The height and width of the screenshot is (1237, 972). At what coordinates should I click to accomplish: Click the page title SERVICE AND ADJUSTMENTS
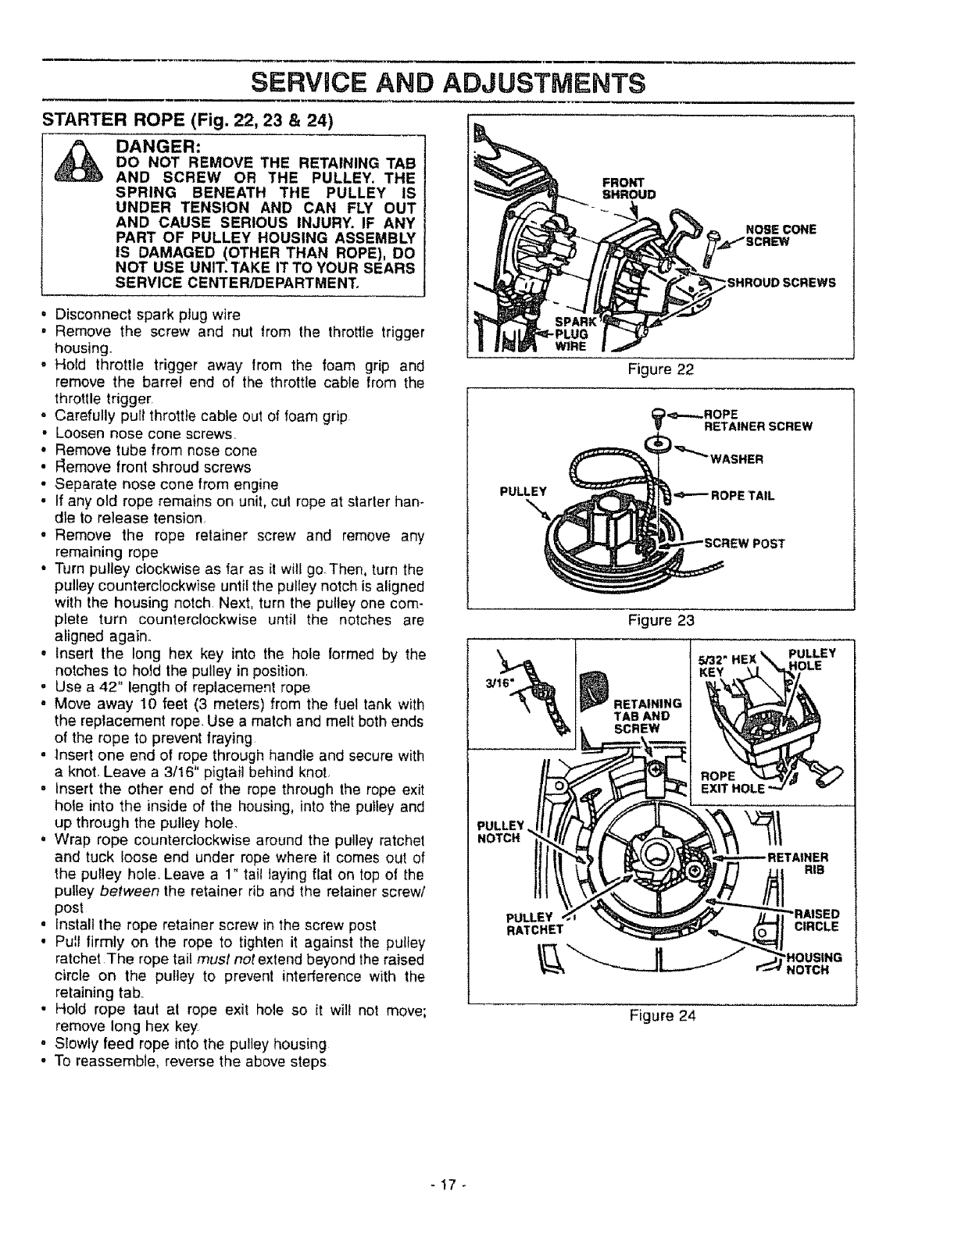pyautogui.click(x=485, y=82)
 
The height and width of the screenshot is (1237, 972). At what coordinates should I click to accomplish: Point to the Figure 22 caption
pyautogui.click(x=662, y=369)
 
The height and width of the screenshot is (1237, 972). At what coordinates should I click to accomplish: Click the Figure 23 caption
pyautogui.click(x=662, y=620)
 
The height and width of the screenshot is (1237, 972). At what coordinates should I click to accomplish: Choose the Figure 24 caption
pyautogui.click(x=662, y=1015)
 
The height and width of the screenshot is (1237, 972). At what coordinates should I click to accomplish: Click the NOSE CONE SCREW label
pyautogui.click(x=781, y=234)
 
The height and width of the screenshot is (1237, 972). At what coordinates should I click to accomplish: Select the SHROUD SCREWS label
pyautogui.click(x=781, y=283)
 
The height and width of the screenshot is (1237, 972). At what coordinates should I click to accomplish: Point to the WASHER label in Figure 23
pyautogui.click(x=736, y=458)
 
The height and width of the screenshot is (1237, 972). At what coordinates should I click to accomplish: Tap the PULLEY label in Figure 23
pyautogui.click(x=521, y=492)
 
